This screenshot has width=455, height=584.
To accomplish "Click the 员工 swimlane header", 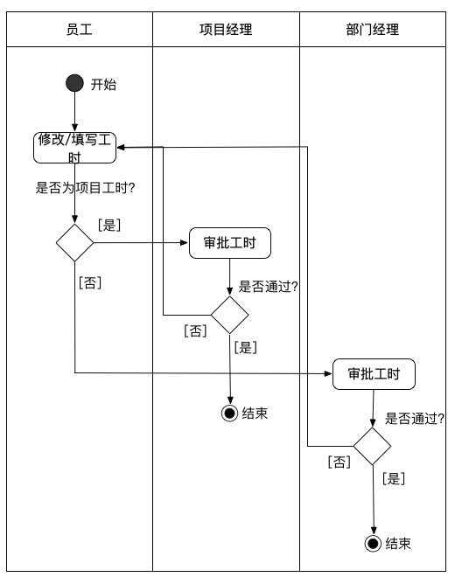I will [x=80, y=30].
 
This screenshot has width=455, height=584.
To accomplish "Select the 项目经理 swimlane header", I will [x=226, y=30].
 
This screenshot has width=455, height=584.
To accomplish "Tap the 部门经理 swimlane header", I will [x=372, y=30].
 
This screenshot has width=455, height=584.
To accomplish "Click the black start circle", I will [x=75, y=84].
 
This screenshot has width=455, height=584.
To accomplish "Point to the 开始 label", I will [x=103, y=85].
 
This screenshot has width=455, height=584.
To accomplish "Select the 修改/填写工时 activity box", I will [x=75, y=147].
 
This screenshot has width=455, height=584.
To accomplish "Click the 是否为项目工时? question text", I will [x=90, y=187].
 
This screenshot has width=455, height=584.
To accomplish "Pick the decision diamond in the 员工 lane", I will [x=75, y=242].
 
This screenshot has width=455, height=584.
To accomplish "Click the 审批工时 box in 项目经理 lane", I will [x=230, y=244].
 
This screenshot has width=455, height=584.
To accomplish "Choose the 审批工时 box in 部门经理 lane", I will [x=374, y=374].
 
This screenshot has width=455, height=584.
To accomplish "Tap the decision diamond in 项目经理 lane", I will [x=230, y=315].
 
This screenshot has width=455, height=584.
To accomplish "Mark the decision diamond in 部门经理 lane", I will [x=372, y=446].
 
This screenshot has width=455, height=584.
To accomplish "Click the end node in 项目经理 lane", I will [x=230, y=414].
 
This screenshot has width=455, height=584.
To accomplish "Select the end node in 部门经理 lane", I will [x=374, y=544].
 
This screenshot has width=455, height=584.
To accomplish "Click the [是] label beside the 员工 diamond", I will [x=109, y=225].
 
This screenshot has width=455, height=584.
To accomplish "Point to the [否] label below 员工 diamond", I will [x=90, y=282].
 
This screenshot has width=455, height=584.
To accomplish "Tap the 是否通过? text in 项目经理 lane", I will [x=269, y=287].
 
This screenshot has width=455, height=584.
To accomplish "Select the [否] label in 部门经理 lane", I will [x=339, y=461].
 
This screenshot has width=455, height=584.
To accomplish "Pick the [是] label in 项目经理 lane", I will [x=246, y=347].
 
